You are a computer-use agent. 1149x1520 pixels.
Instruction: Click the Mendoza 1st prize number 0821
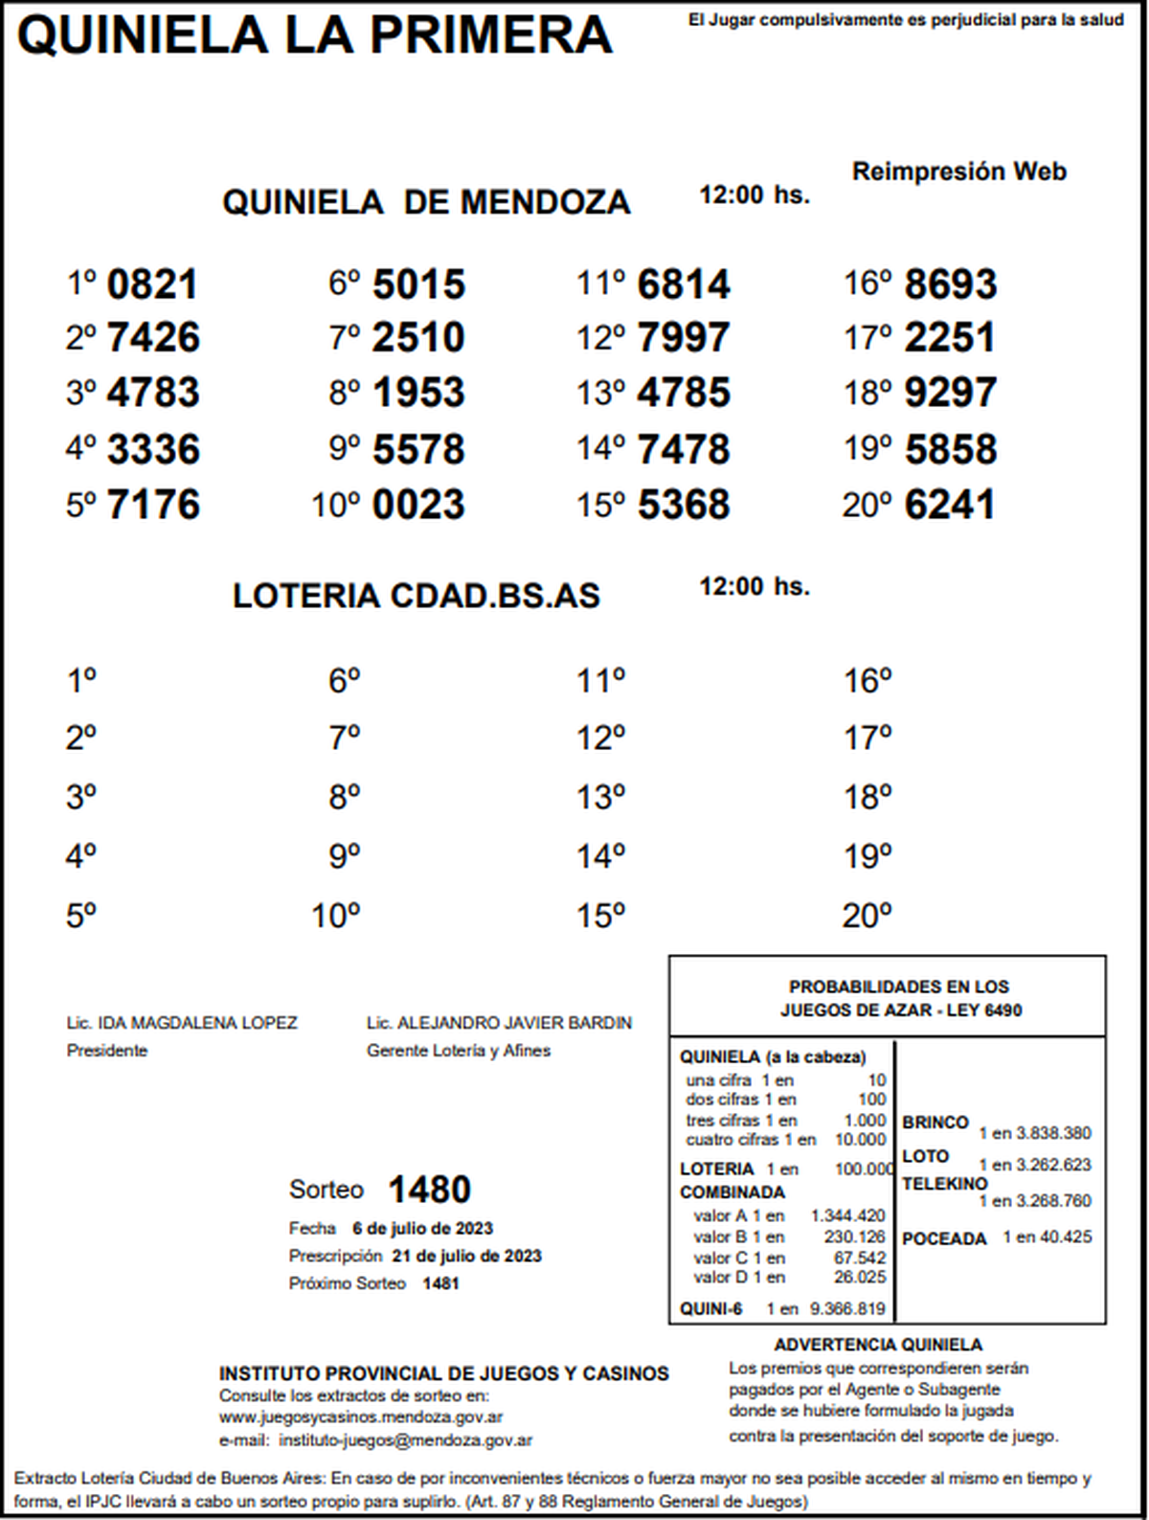pos(152,284)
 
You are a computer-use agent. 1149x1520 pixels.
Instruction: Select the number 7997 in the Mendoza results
pos(684,337)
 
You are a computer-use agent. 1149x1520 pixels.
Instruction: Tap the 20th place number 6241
pos(950,505)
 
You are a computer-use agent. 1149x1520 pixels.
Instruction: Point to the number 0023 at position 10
pos(418,505)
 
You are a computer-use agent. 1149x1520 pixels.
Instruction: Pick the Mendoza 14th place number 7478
pos(684,449)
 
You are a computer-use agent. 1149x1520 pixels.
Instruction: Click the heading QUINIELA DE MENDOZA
pos(426,202)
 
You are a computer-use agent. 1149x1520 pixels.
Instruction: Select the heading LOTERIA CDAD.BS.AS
pos(416,596)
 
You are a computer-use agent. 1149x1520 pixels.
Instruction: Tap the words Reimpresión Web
pos(958,171)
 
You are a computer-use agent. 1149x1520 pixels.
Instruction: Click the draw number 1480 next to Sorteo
pos(429,1190)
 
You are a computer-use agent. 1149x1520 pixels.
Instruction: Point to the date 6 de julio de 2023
pos(422,1229)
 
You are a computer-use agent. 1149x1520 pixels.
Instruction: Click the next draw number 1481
pos(440,1283)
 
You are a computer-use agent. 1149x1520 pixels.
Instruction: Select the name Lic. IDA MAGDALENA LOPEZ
pos(182,1023)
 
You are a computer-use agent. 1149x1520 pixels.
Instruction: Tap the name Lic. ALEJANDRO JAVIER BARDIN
pos(499,1023)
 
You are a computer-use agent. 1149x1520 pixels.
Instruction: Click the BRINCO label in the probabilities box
pos(935,1122)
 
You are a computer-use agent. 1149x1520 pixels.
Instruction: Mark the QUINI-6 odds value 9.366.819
pos(847,1308)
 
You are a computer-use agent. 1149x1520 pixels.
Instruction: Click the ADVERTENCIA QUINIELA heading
pos(878,1345)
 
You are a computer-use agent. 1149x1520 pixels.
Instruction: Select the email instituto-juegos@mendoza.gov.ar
pos(405,1440)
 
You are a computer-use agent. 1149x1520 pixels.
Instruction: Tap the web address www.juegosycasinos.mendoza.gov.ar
pos(361,1417)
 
